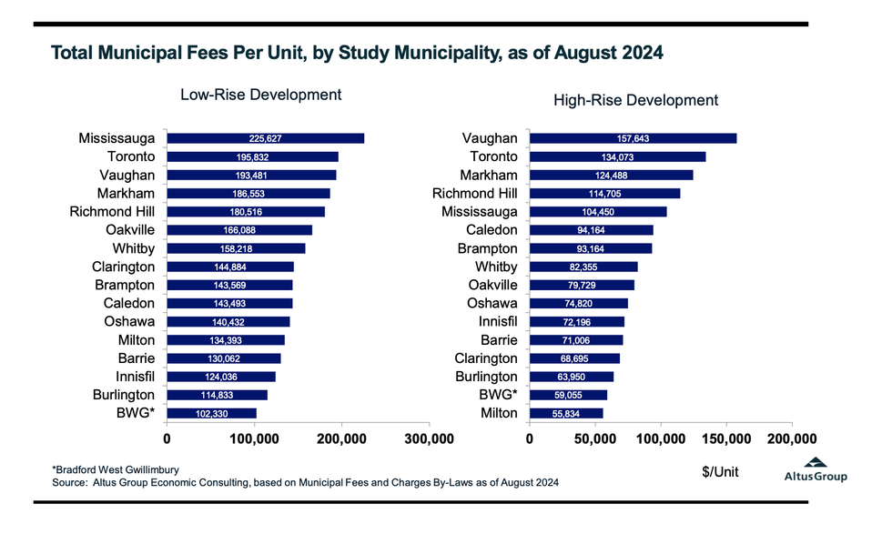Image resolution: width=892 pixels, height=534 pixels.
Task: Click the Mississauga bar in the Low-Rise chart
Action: tap(265, 138)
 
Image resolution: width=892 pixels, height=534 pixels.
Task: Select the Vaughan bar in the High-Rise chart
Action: tap(633, 138)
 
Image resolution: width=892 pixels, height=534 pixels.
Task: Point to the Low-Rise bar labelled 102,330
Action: tap(211, 413)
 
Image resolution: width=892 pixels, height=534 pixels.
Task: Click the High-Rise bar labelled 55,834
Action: tap(566, 413)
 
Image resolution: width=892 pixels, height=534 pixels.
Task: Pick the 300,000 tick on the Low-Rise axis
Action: tap(429, 439)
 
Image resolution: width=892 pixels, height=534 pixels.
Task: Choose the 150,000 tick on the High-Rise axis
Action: tap(726, 439)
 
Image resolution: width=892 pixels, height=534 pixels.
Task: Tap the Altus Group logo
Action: tap(816, 469)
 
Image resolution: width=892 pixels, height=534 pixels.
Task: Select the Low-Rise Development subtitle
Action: tap(248, 95)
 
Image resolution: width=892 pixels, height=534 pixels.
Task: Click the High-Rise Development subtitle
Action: tap(636, 100)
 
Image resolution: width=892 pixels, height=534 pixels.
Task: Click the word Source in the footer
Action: tap(69, 482)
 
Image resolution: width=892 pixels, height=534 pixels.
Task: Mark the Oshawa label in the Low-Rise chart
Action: tap(129, 321)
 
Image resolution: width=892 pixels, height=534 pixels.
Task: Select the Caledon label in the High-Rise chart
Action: tap(492, 230)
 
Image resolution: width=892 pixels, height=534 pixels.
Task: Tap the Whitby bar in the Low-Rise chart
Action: tap(236, 248)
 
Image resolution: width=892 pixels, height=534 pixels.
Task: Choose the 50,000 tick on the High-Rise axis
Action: tap(594, 439)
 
